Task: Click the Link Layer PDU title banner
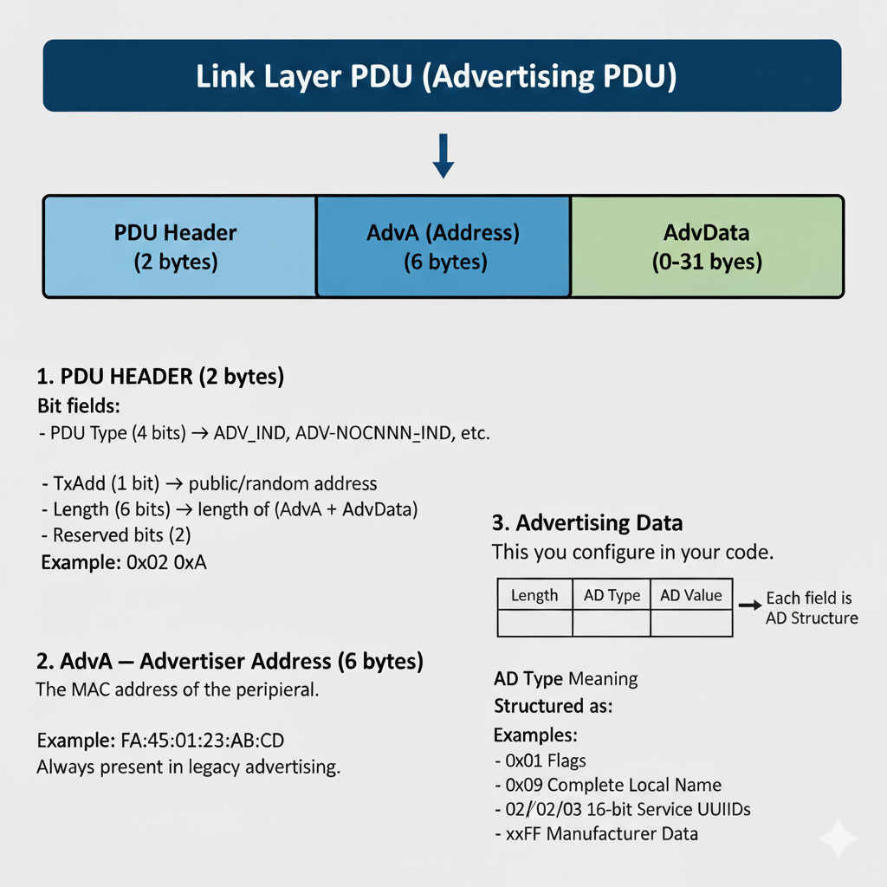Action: [x=442, y=75]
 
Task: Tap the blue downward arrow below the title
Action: [x=443, y=156]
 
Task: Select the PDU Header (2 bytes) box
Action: [x=179, y=247]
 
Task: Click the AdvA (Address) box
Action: [x=443, y=247]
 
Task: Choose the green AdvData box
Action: [x=707, y=247]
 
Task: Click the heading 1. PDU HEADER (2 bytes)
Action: [x=160, y=377]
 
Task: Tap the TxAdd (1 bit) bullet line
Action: [x=210, y=483]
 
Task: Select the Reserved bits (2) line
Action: [x=116, y=535]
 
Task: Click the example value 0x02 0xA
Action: [x=166, y=562]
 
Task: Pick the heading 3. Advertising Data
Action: [x=587, y=522]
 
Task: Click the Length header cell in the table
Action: [x=534, y=594]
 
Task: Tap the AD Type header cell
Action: [x=612, y=594]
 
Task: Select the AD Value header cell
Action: [x=691, y=594]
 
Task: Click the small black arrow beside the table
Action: [x=750, y=605]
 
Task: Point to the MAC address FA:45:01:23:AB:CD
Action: [x=203, y=740]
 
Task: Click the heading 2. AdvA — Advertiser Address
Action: [x=230, y=661]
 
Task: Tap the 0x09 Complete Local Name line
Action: [x=608, y=785]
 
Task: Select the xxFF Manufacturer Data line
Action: [x=596, y=834]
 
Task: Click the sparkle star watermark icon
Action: [x=838, y=838]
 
